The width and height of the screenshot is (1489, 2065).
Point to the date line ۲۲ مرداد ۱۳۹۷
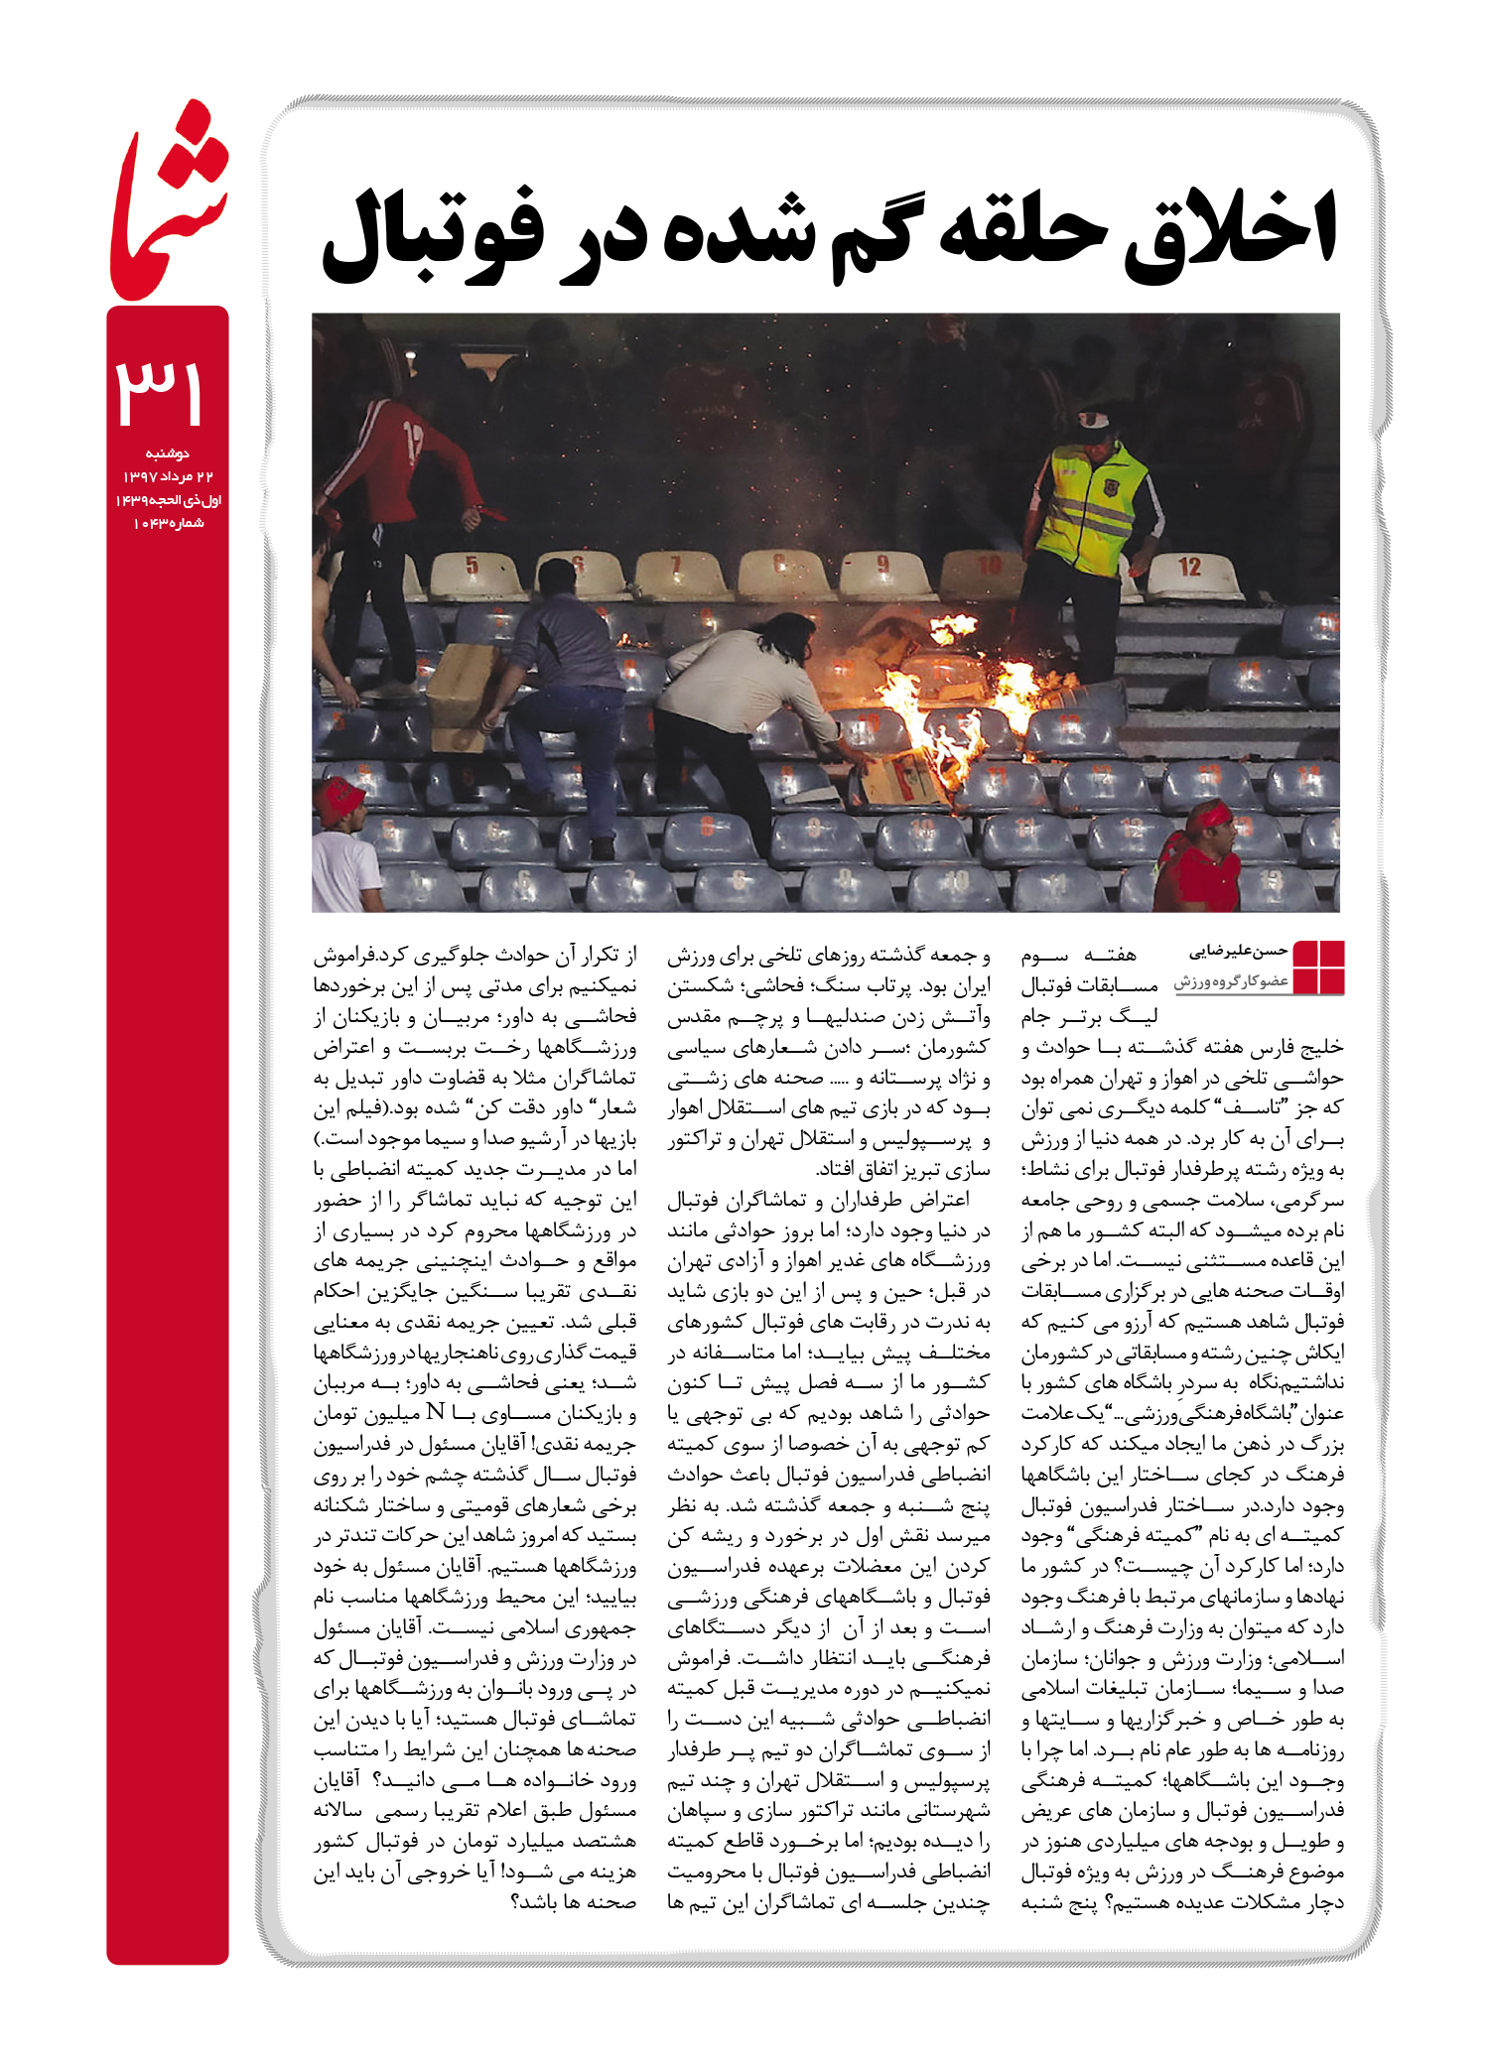(168, 477)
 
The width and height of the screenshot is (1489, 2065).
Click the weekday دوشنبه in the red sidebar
(168, 454)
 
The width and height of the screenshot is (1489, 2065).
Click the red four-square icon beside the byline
(1318, 967)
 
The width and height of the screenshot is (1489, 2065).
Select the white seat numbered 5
(473, 570)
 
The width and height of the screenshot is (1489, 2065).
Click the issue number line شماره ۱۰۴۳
(168, 523)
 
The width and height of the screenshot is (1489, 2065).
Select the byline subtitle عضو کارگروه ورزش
(1231, 981)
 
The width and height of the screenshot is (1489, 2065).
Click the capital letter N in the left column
(435, 1413)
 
